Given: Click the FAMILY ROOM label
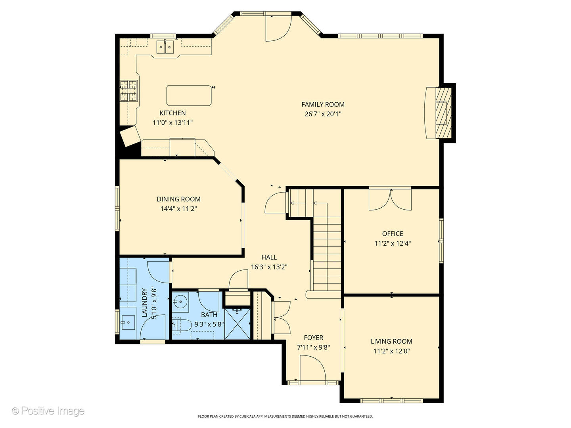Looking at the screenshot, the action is [323, 105].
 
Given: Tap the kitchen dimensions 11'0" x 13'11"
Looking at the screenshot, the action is [172, 123].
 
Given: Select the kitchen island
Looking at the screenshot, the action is [189, 96].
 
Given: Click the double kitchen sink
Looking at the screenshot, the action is [165, 47].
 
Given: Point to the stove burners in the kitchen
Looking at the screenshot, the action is [128, 91].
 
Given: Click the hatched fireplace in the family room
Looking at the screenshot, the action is [444, 114].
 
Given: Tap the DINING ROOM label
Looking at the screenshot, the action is [178, 199].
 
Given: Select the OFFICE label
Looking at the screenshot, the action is [393, 234].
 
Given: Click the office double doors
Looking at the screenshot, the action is [390, 199].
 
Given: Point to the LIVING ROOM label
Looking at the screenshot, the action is [391, 342].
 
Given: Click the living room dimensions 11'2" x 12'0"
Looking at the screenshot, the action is [391, 352].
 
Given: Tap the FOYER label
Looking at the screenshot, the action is [314, 338].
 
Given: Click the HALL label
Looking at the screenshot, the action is [269, 257].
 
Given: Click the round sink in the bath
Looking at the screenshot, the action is [180, 302].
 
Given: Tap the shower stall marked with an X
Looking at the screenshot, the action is [237, 323].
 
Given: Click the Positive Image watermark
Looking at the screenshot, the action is [48, 411].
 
